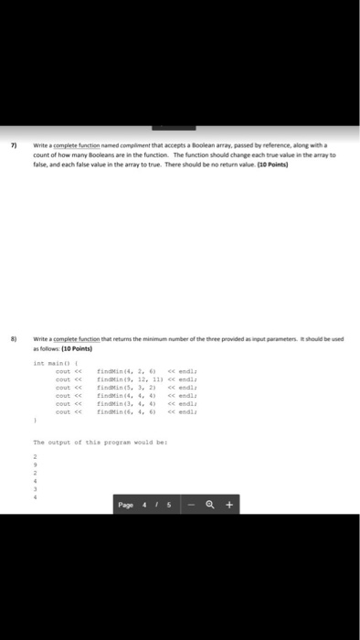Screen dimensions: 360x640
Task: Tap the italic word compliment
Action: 132,144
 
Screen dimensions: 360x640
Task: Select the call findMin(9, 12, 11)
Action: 124,379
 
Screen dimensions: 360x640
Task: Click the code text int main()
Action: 47,362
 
